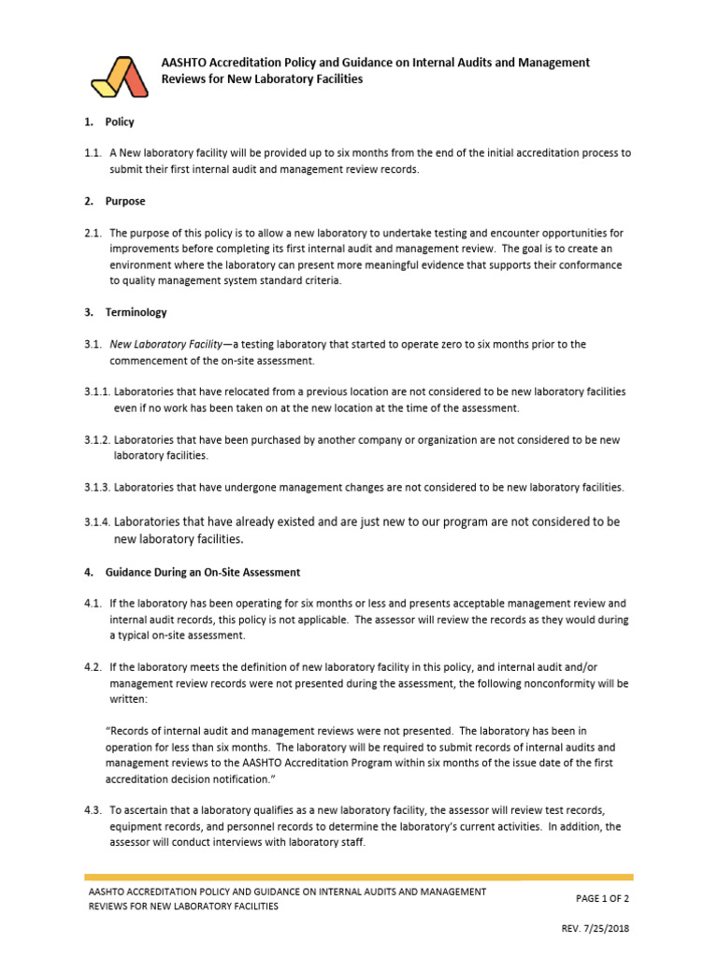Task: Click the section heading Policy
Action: click(x=120, y=121)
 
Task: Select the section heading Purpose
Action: click(x=125, y=201)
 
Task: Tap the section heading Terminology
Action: click(x=136, y=312)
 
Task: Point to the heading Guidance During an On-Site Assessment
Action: click(x=205, y=572)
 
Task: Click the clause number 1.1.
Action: click(x=92, y=152)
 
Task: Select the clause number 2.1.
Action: click(x=92, y=233)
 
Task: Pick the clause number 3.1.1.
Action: click(x=97, y=392)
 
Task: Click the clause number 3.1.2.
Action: click(x=97, y=439)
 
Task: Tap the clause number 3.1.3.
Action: click(x=97, y=487)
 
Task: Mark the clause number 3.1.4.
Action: click(x=97, y=521)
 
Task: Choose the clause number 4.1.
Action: click(x=92, y=604)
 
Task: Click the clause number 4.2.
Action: click(x=92, y=667)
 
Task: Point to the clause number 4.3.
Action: click(x=92, y=810)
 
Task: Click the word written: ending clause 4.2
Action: click(x=128, y=699)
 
